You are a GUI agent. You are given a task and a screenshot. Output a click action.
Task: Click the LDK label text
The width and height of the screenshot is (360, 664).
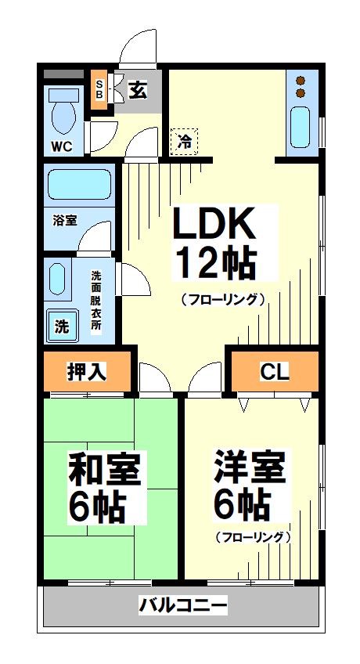click(x=214, y=226)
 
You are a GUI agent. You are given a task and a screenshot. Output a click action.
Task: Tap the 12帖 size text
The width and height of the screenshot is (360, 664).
click(x=214, y=264)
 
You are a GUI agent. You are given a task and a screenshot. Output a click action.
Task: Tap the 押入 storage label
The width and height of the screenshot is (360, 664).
click(x=86, y=372)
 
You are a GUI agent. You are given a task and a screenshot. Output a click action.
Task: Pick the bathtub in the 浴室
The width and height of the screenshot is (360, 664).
click(x=78, y=186)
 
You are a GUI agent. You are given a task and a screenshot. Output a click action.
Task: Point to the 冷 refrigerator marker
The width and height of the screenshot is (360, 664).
click(x=185, y=142)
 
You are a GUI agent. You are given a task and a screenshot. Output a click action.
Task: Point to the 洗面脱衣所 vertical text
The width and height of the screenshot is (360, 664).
click(x=96, y=301)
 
